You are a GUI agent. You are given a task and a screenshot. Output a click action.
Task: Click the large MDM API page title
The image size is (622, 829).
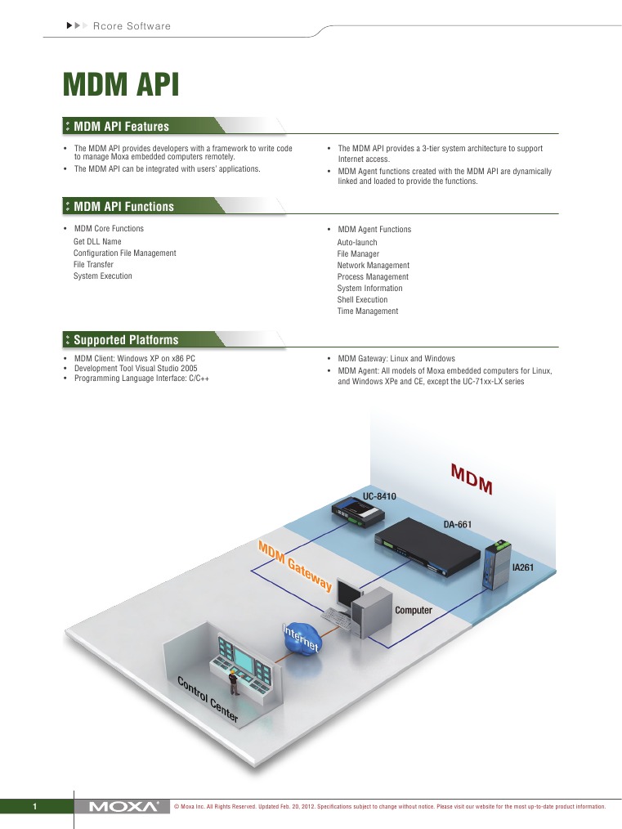pos(121,86)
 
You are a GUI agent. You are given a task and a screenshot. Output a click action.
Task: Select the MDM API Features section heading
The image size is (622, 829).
pos(121,127)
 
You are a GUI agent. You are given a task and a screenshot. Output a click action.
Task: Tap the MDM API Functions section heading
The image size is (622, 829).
pos(123,207)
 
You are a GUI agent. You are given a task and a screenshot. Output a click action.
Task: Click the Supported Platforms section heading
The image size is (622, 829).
pos(125,340)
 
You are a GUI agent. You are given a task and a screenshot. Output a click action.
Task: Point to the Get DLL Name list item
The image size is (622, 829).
pos(97,242)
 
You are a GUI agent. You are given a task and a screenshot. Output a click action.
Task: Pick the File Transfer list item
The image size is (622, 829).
pos(93,265)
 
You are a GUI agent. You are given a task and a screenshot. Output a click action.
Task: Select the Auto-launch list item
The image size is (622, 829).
pos(357,243)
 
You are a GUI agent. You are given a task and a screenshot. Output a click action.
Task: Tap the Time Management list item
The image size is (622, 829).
pos(368,311)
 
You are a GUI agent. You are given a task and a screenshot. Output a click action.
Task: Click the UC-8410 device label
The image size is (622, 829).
pos(379,496)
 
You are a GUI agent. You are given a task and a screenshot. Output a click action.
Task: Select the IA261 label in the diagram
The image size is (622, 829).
pos(522,566)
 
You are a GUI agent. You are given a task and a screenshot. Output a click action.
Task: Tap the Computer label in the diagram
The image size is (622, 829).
pos(413,611)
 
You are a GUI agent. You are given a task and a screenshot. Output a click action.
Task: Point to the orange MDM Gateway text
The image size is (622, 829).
pos(295,565)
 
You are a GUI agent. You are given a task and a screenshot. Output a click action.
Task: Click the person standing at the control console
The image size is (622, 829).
pos(233,675)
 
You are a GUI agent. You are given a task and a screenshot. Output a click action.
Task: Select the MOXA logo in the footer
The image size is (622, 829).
pos(123,807)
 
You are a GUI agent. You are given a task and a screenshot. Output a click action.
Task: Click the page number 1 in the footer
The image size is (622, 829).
pos(35,808)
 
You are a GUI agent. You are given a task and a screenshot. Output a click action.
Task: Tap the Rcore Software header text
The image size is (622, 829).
pos(132,26)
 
